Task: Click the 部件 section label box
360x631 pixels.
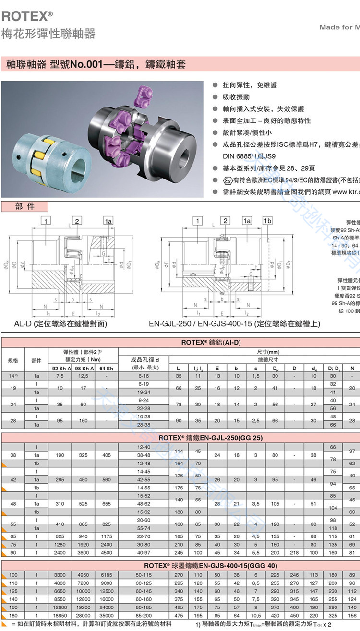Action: tap(25, 207)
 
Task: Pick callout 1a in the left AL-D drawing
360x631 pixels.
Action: tap(108, 221)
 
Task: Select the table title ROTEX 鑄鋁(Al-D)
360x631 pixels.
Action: tap(211, 343)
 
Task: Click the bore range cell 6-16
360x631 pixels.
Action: tap(144, 376)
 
